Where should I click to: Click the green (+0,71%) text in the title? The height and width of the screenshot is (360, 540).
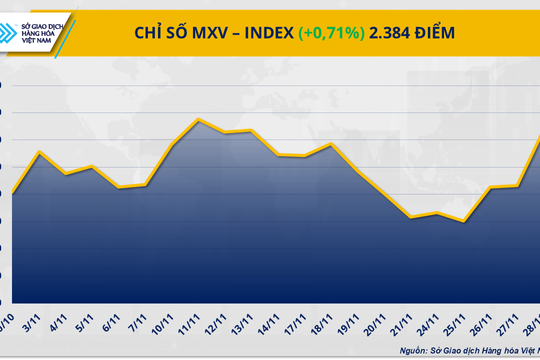tap(334, 33)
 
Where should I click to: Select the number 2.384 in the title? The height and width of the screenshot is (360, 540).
tap(393, 33)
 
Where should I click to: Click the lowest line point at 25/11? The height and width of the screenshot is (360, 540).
tap(463, 221)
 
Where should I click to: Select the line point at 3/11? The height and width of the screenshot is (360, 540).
tap(38, 152)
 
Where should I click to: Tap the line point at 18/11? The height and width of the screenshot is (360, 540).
tap(331, 144)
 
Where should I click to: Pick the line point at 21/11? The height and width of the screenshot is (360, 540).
tap(411, 217)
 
